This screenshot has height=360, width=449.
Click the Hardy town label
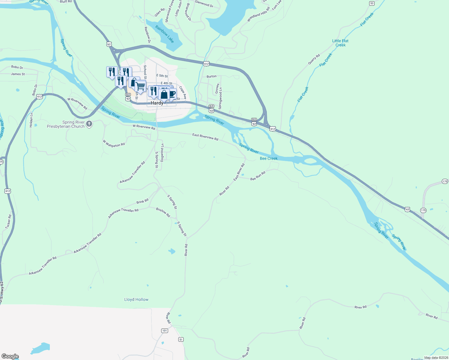pyautogui.click(x=157, y=103)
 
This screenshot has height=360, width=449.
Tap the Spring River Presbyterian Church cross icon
pyautogui.click(x=89, y=124)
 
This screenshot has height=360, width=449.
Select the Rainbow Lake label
pyautogui.click(x=164, y=34)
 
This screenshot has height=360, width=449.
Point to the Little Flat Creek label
pyautogui.click(x=340, y=43)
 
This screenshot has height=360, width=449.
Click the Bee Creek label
pyautogui.click(x=269, y=158)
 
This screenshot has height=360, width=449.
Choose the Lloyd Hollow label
pyautogui.click(x=136, y=299)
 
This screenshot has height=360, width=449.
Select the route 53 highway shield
pyautogui.click(x=372, y=3)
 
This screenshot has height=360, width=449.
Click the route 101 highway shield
pyautogui.click(x=164, y=331)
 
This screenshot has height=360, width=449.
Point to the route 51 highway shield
pyautogui.click(x=181, y=339)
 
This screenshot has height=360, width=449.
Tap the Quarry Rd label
pyautogui.click(x=314, y=59)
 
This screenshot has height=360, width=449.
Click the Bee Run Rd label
pyautogui.click(x=258, y=176)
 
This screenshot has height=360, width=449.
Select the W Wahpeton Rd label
pyautogui.click(x=114, y=143)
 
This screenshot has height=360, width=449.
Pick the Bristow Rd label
pyautogui.click(x=163, y=212)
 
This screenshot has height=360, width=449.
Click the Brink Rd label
pyautogui.click(x=142, y=201)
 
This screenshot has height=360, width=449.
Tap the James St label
pyautogui.click(x=18, y=74)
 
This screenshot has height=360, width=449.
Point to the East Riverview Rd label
pyautogui.click(x=205, y=137)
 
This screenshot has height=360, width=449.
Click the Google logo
pyautogui.click(x=10, y=356)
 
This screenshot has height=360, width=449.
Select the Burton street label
pyautogui.click(x=212, y=76)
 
